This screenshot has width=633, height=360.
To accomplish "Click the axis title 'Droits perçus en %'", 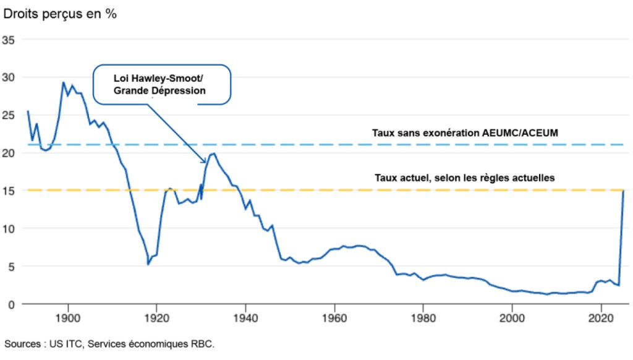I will tap(60, 14).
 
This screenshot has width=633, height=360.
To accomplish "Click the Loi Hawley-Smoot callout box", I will tap(162, 85).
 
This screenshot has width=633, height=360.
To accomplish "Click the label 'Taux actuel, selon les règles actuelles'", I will tap(464, 178).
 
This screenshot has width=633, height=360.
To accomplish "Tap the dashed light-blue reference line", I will tap(309, 144).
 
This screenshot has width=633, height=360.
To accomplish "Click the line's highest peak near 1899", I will tap(63, 82).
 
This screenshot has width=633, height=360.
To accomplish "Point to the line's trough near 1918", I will tap(148, 264).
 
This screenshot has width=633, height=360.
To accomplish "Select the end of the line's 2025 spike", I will tap(623, 192).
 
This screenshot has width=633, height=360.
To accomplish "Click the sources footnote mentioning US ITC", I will tap(109, 343).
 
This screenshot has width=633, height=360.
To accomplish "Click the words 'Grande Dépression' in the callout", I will tap(159, 90).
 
